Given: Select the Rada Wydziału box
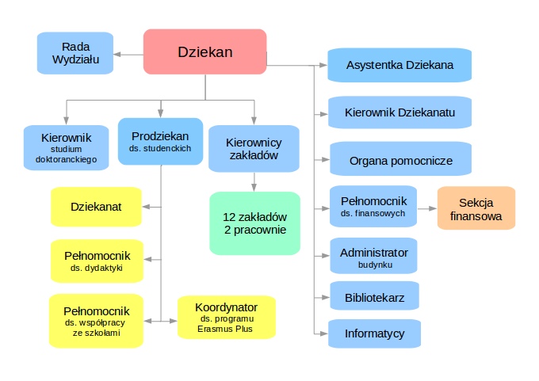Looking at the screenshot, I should pyautogui.click(x=75, y=53).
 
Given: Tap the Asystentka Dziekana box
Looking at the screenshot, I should pyautogui.click(x=399, y=65).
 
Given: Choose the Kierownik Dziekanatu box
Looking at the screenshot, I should pyautogui.click(x=399, y=112).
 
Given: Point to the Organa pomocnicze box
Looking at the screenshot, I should pyautogui.click(x=400, y=160).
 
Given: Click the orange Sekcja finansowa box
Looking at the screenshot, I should pyautogui.click(x=476, y=208).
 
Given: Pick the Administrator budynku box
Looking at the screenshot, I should pyautogui.click(x=373, y=257).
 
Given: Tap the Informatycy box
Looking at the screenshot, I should pyautogui.click(x=374, y=333).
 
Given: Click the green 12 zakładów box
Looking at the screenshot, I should pyautogui.click(x=254, y=223).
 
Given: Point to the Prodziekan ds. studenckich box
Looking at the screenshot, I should pyautogui.click(x=161, y=141).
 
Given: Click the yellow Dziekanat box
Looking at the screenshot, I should pyautogui.click(x=96, y=207).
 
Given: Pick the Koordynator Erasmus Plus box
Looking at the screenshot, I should pyautogui.click(x=226, y=318).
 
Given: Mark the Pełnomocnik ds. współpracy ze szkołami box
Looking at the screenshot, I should pyautogui.click(x=96, y=321).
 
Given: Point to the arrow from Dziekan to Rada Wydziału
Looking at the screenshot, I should pyautogui.click(x=127, y=54).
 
